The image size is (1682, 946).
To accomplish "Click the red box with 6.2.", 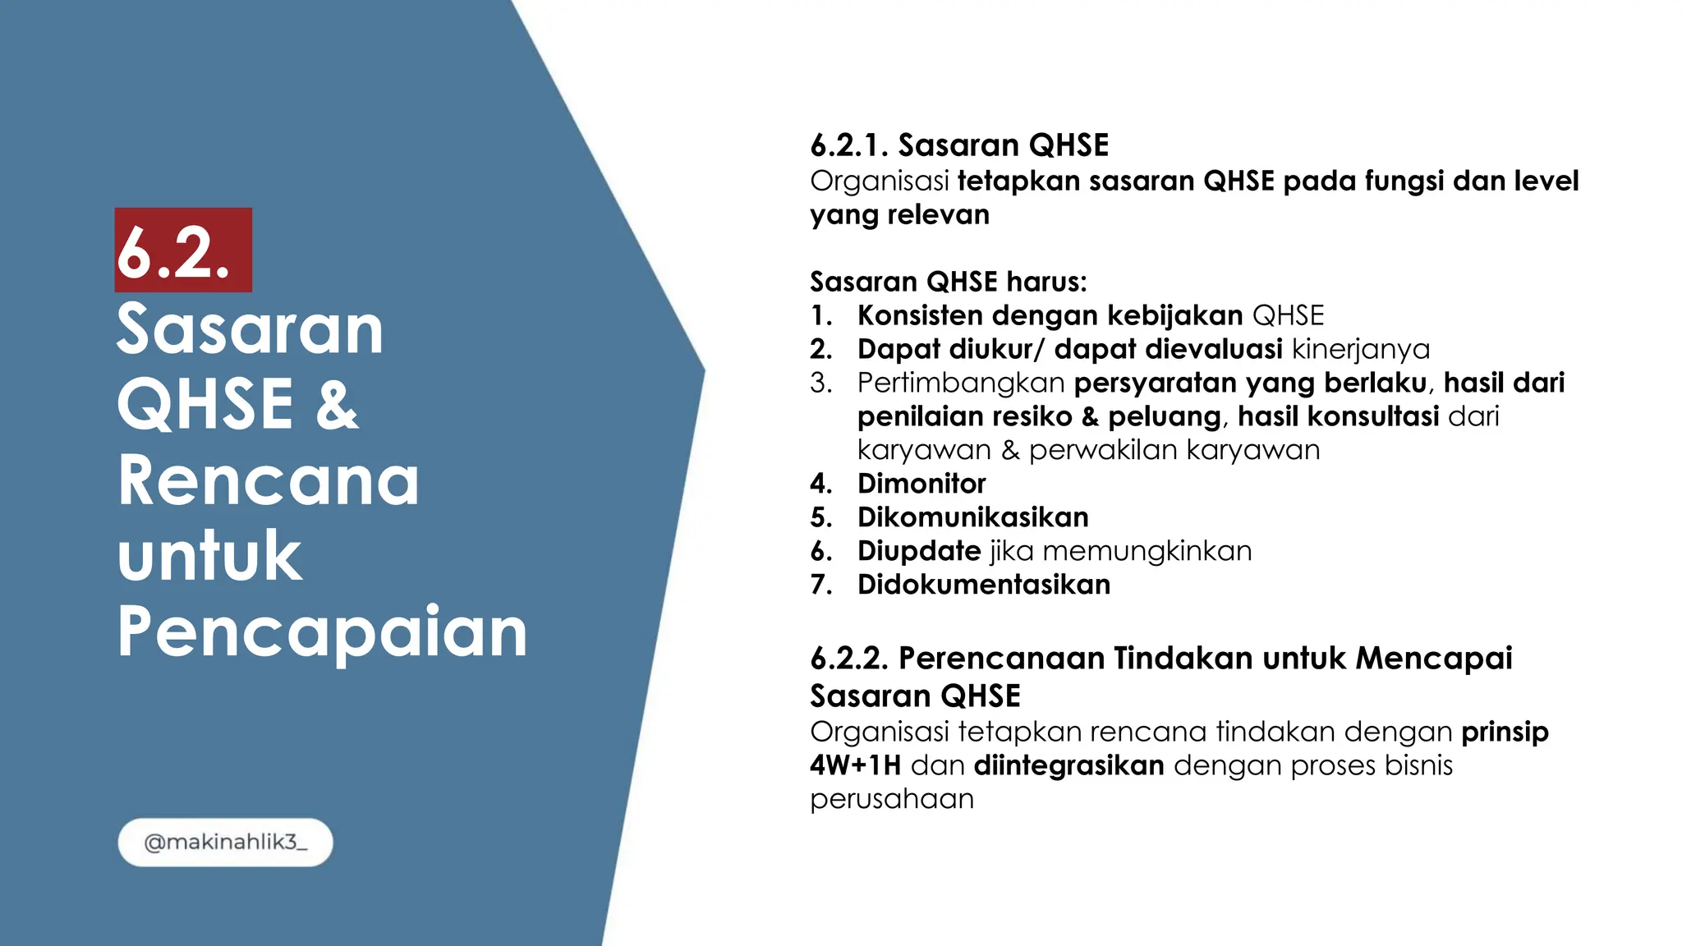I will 183,250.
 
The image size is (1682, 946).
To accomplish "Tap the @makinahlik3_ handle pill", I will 225,843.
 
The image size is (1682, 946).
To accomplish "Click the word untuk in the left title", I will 209,556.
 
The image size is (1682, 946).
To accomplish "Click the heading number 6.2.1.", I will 849,145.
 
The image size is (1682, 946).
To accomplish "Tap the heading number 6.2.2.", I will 849,659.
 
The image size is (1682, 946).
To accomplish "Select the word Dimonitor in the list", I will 921,484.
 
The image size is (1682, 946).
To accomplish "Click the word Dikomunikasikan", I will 972,517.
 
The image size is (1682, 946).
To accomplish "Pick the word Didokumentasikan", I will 983,585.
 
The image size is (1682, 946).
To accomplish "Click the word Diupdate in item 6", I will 918,551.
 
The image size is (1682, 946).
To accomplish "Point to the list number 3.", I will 820,383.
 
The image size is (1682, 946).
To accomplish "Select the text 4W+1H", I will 855,765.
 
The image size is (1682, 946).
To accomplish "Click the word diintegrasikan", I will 1068,765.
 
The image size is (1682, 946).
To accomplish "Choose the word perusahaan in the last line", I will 891,799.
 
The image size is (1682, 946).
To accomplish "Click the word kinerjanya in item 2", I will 1360,349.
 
